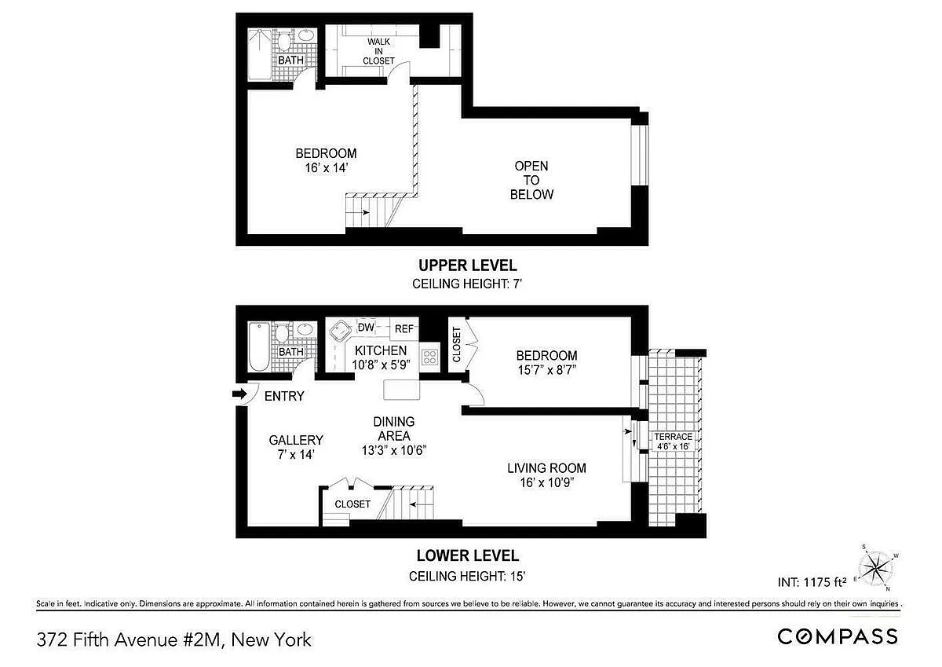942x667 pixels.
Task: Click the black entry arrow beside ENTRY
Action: pos(239,394)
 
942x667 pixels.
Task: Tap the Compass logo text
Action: pos(838,636)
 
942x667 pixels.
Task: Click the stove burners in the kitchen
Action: pos(429,357)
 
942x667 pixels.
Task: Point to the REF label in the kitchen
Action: pos(403,328)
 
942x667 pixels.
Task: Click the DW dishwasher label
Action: pos(366,327)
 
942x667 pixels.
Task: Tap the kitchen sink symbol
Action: pos(340,331)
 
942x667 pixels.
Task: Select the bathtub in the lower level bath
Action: pos(258,346)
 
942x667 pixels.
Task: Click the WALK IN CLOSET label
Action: pos(378,51)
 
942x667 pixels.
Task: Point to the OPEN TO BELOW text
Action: pos(531,180)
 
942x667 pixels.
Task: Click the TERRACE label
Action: pos(673,436)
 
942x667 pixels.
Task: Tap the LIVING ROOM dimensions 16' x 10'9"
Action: pos(547,482)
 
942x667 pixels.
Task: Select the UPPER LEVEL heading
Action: pos(468,266)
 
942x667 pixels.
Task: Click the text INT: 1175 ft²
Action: pos(812,582)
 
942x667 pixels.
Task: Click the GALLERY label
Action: pos(296,440)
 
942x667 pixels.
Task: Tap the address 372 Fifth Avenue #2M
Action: pos(129,640)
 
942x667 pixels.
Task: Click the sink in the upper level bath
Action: pos(306,35)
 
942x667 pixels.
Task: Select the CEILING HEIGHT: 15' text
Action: pos(467,576)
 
